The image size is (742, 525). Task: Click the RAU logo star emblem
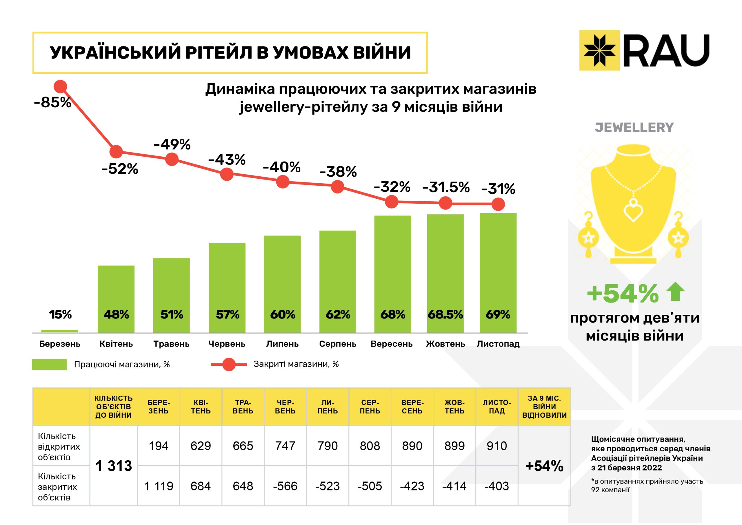point(599,50)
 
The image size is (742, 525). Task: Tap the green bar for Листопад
point(498,272)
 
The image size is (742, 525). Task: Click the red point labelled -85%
point(61,87)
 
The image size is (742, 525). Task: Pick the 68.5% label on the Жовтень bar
point(445,314)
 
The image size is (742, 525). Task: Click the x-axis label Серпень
point(338,344)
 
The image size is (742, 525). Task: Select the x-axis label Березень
point(60,344)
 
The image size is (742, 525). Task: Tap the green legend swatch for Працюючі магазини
point(50,364)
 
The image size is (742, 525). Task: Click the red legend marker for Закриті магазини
point(229,365)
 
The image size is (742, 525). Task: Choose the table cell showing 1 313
point(114,466)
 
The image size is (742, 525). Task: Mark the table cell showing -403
point(497,486)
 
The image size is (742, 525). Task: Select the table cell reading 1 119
point(159,486)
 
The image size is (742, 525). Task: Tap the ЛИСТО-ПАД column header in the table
point(497,407)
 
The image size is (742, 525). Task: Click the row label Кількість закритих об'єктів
point(57,486)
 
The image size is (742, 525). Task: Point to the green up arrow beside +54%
point(675,292)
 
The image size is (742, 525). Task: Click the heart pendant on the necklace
point(633,211)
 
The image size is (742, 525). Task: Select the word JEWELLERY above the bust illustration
point(634,127)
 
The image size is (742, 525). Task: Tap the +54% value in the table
point(544,466)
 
